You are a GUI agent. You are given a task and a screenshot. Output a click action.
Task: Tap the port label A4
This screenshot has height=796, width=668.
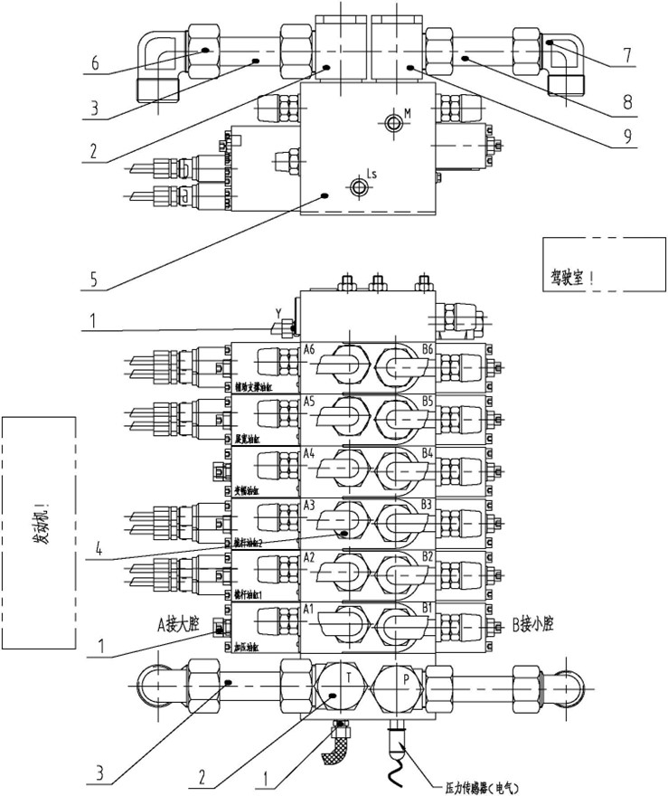309,452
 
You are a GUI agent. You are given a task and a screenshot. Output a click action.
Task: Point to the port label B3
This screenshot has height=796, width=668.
428,504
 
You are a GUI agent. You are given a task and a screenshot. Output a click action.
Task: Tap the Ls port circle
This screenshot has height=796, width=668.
360,187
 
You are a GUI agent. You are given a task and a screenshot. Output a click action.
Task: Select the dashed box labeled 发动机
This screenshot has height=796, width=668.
38,533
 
